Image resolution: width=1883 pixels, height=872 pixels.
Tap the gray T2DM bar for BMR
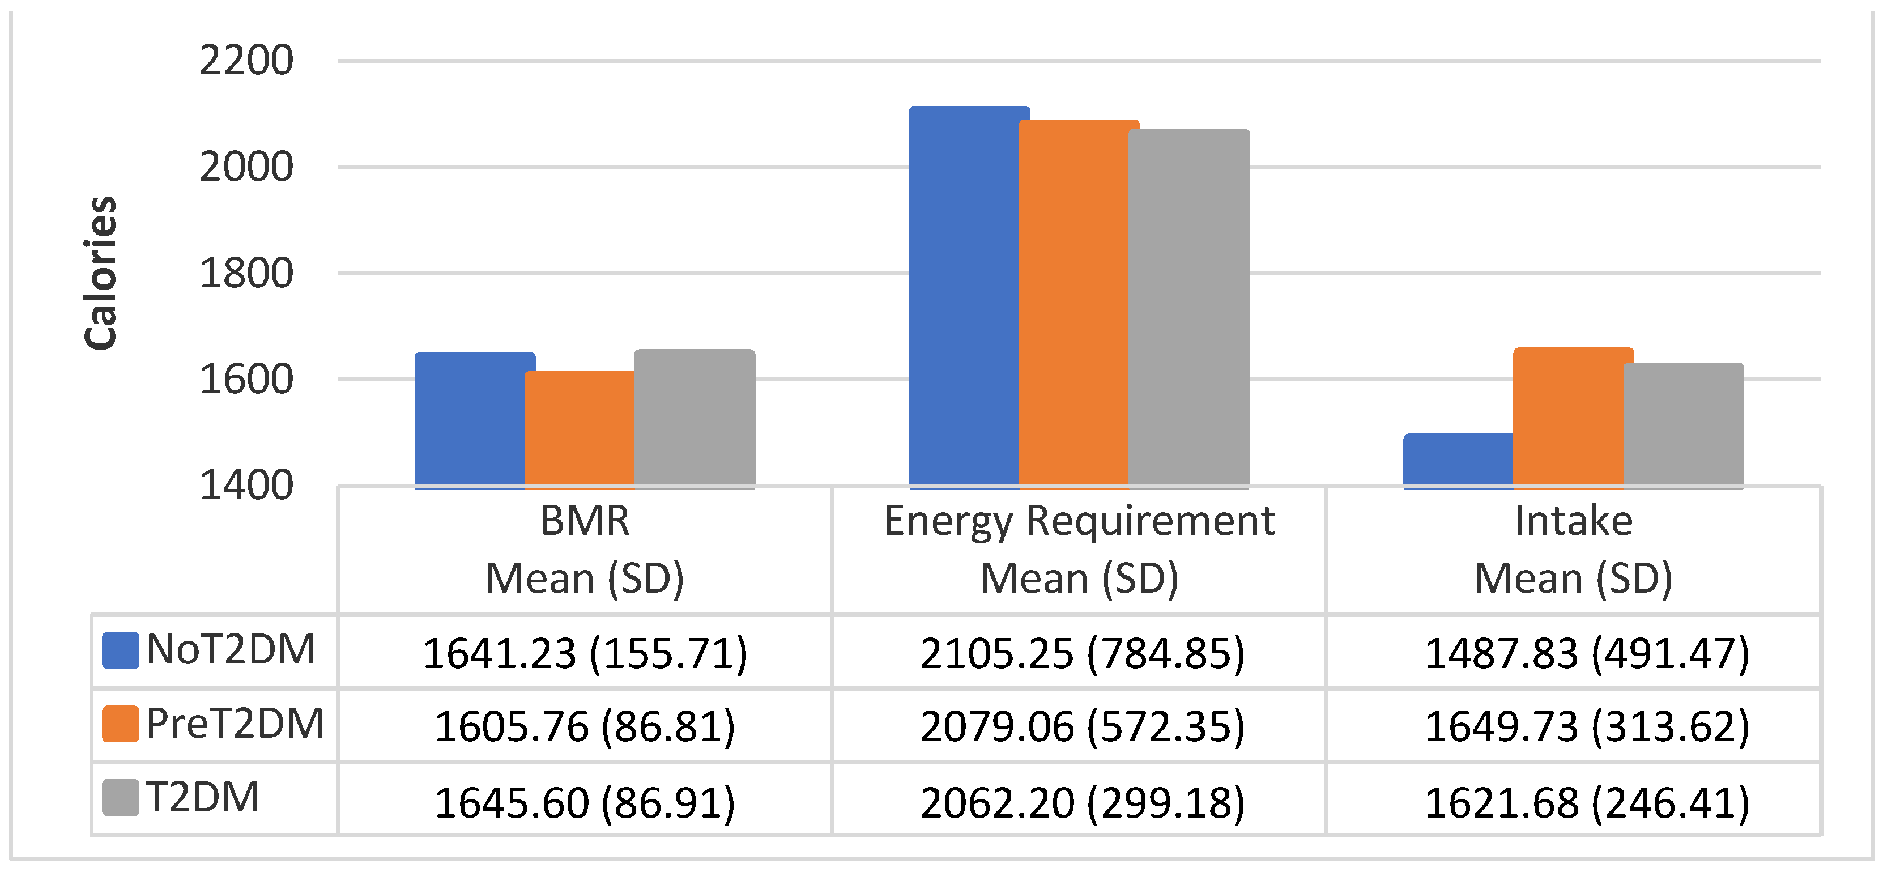pyautogui.click(x=695, y=418)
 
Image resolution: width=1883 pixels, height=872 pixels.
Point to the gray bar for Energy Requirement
pyautogui.click(x=1189, y=307)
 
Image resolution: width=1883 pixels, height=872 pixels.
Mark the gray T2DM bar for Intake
pyautogui.click(x=1684, y=424)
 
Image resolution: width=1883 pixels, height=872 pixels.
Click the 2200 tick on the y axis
pyautogui.click(x=246, y=61)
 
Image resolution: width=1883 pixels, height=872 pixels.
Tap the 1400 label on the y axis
pyautogui.click(x=246, y=486)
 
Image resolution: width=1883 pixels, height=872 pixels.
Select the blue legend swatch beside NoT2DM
pyautogui.click(x=121, y=650)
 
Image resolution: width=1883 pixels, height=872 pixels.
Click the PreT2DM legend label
pyautogui.click(x=235, y=724)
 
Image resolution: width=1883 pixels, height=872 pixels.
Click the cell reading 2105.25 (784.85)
pyautogui.click(x=1082, y=653)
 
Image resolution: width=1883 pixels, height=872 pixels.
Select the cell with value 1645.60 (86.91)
pyautogui.click(x=585, y=802)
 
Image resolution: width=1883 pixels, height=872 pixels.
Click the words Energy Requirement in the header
pyautogui.click(x=1079, y=521)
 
